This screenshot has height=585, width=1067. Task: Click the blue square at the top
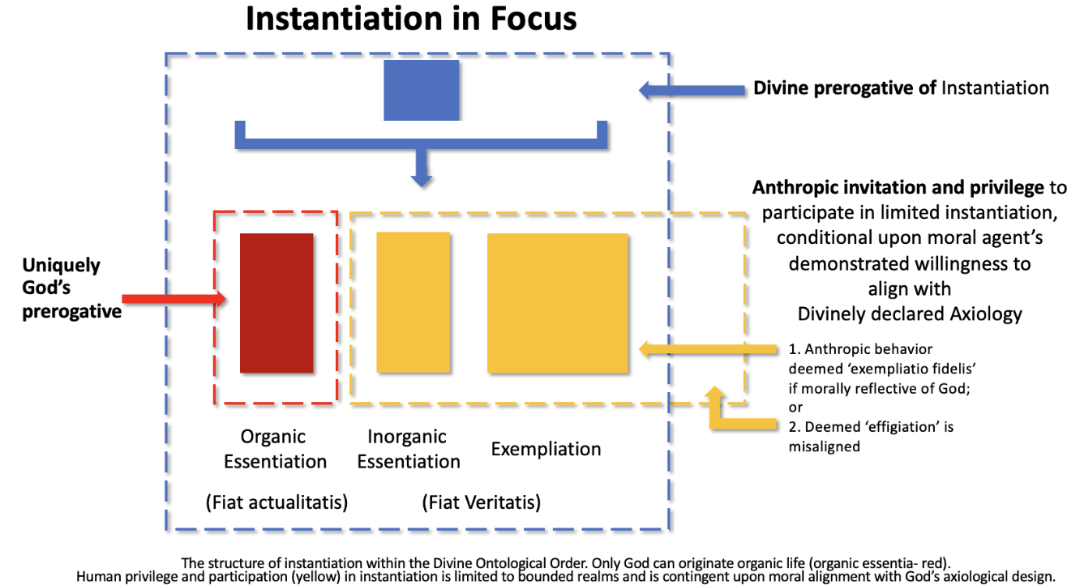(421, 90)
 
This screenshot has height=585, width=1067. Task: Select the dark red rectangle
(276, 303)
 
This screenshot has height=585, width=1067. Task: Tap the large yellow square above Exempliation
(557, 302)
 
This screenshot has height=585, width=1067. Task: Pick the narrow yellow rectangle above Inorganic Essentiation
(413, 302)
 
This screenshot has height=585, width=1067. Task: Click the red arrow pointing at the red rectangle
(178, 299)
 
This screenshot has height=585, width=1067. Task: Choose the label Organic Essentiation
(275, 449)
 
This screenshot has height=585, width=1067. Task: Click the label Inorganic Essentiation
(408, 449)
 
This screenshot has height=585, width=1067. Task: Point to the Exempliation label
(546, 449)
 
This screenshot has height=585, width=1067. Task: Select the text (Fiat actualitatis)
(276, 502)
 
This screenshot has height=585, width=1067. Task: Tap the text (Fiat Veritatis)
(481, 502)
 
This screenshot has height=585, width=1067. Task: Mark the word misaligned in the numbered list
(824, 446)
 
